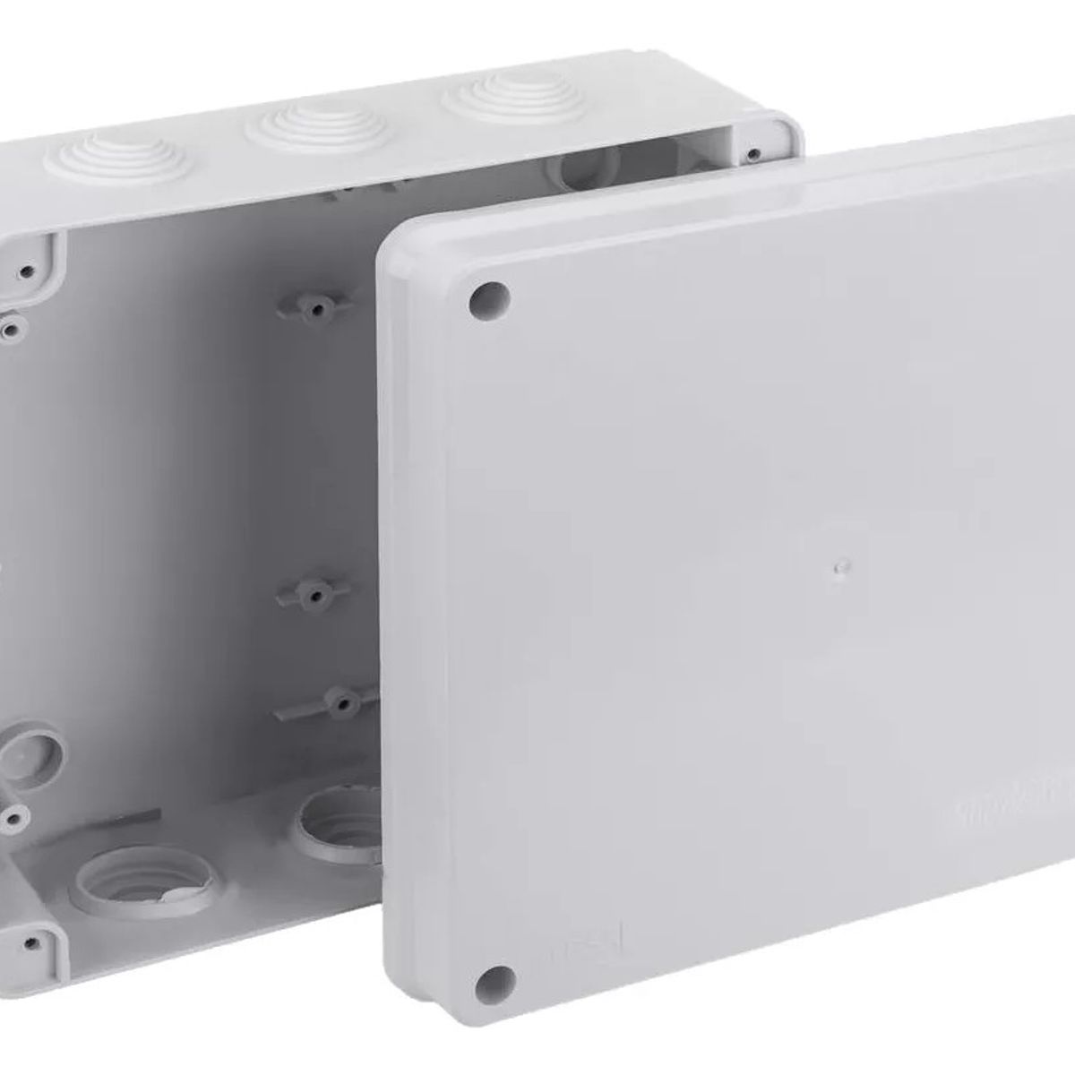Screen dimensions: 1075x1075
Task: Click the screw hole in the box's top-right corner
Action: [755, 153]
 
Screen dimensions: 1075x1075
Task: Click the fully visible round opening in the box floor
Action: [143, 870]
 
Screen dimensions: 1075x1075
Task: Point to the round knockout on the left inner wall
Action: [31, 748]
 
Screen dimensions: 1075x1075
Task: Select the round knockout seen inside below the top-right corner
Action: [587, 166]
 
